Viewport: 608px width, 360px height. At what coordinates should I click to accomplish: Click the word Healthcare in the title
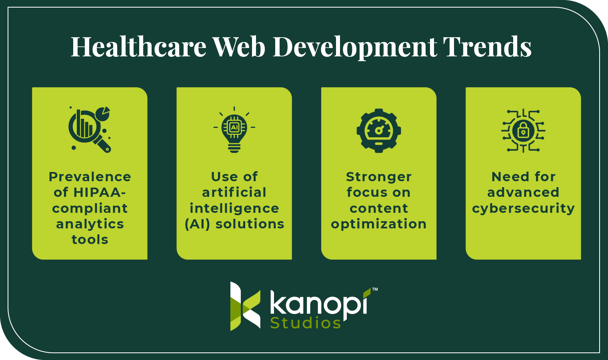coord(138,47)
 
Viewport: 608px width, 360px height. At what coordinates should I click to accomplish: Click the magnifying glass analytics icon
coord(90,129)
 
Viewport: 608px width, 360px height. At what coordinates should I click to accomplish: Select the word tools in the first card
coord(90,240)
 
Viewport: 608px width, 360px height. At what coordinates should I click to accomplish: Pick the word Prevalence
coord(90,177)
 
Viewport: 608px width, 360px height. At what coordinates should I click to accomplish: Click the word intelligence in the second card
coord(234,208)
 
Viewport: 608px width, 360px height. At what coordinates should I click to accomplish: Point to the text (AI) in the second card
coord(197,224)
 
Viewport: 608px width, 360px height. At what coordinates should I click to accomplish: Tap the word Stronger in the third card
coord(379,177)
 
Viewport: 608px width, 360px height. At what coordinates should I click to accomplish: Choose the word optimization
coord(379,224)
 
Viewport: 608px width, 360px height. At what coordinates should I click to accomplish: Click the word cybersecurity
coord(523,208)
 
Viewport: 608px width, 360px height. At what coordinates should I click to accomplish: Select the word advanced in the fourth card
coord(523,192)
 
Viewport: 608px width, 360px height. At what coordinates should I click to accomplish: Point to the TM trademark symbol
coord(375,289)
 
